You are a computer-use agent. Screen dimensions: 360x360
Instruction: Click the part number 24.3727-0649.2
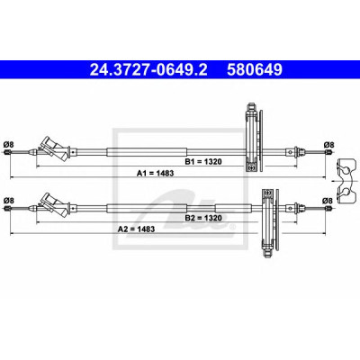tap(148, 69)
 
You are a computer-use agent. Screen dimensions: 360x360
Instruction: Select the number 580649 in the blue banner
tap(255, 69)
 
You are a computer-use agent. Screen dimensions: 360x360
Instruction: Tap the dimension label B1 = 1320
tap(203, 162)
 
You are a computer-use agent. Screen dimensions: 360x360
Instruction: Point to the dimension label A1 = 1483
tap(156, 173)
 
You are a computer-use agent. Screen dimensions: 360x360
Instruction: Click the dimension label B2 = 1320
tap(203, 218)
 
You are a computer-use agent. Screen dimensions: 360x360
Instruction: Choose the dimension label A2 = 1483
tap(136, 229)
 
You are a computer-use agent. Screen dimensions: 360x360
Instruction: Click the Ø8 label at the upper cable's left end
tap(8, 145)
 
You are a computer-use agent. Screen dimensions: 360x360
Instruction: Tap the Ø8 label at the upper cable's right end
tap(328, 145)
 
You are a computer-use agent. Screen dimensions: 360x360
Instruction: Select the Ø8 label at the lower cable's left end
tap(8, 201)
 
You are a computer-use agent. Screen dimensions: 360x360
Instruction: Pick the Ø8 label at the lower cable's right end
tap(328, 201)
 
